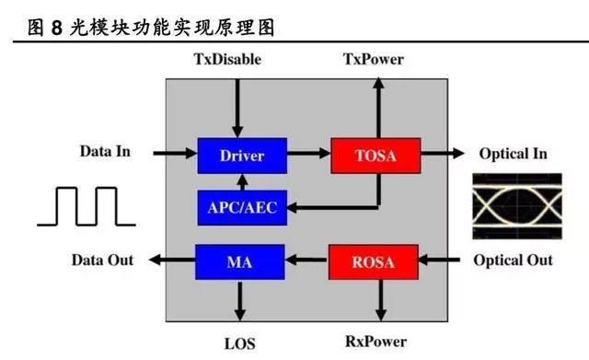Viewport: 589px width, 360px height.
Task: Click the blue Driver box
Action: click(x=241, y=155)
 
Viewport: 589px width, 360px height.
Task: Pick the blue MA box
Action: click(x=241, y=261)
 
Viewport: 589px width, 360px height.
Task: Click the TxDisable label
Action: click(x=228, y=61)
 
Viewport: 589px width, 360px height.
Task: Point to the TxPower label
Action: click(x=373, y=61)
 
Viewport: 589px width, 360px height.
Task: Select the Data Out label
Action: click(x=102, y=260)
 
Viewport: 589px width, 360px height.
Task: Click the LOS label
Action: click(x=241, y=342)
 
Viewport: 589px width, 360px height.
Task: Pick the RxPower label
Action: click(x=375, y=342)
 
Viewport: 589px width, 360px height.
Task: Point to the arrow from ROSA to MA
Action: click(x=306, y=261)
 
